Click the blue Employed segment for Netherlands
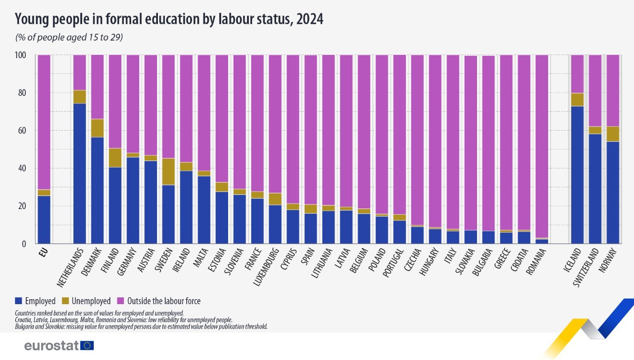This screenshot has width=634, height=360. pos(79,173)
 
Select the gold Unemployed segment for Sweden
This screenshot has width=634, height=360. pos(169,171)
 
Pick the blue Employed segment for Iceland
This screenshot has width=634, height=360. pos(577,175)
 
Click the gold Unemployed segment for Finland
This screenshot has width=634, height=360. pos(115,157)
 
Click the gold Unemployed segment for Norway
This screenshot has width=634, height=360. pos(613,134)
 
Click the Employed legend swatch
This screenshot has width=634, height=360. pos(18,301)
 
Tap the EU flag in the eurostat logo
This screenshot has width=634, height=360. pos(87,345)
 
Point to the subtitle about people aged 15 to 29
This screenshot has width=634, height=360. pos(69,37)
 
